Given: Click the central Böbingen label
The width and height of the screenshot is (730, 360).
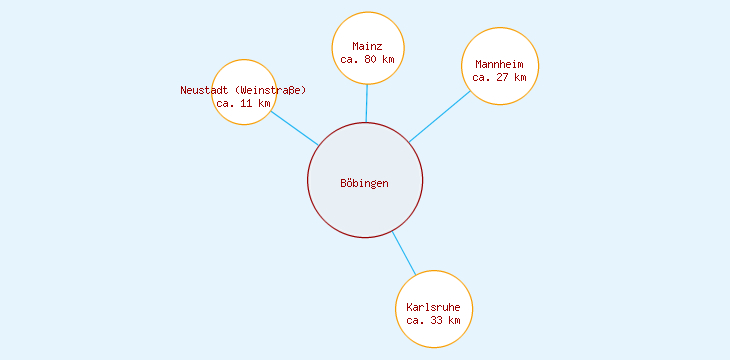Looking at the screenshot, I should click(x=364, y=184).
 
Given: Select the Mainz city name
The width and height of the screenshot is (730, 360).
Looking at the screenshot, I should click(x=367, y=46).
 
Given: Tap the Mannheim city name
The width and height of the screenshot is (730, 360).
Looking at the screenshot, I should click(x=499, y=64).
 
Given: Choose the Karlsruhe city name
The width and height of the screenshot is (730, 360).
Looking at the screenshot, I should click(x=433, y=307).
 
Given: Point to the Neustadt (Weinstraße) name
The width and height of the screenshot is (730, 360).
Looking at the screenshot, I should click(x=243, y=90).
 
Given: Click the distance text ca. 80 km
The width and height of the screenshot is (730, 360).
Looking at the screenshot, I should click(x=367, y=60).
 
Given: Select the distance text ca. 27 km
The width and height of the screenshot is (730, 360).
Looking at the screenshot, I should click(x=499, y=77).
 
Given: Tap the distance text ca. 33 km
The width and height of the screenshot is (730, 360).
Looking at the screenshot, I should click(x=433, y=320).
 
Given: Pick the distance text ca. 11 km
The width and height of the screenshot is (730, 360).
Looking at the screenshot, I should click(x=243, y=103).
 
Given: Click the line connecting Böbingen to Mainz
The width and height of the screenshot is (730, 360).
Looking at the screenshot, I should click(x=367, y=103).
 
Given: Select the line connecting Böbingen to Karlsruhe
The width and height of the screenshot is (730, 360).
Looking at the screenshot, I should click(x=403, y=253).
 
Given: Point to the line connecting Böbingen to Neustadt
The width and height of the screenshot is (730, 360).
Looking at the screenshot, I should click(x=294, y=128).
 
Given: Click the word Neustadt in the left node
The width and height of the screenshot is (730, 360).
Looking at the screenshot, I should click(x=204, y=90).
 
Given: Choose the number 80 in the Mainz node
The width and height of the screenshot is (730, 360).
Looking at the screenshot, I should click(x=371, y=60).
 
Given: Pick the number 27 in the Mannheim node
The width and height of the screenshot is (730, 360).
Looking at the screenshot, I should click(x=503, y=77).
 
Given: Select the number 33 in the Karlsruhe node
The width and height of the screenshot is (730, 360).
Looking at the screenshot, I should click(x=437, y=320).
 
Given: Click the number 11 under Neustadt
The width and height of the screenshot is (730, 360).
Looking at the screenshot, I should click(x=246, y=103).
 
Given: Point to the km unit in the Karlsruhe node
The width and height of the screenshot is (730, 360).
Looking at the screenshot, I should click(x=454, y=320).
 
